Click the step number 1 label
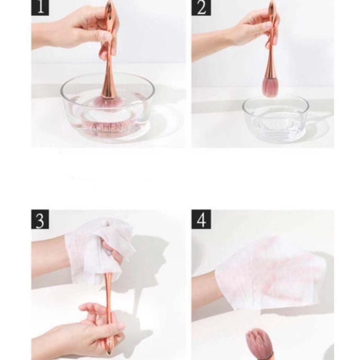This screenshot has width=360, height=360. [x=40, y=7]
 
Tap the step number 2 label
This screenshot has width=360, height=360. [x=201, y=7]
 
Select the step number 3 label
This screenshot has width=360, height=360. [x=40, y=220]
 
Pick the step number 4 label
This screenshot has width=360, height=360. [x=201, y=220]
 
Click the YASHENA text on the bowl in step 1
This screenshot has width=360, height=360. [x=106, y=127]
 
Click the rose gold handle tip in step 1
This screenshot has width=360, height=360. [x=110, y=6]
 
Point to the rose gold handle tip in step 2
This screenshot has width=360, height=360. [x=272, y=6]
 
